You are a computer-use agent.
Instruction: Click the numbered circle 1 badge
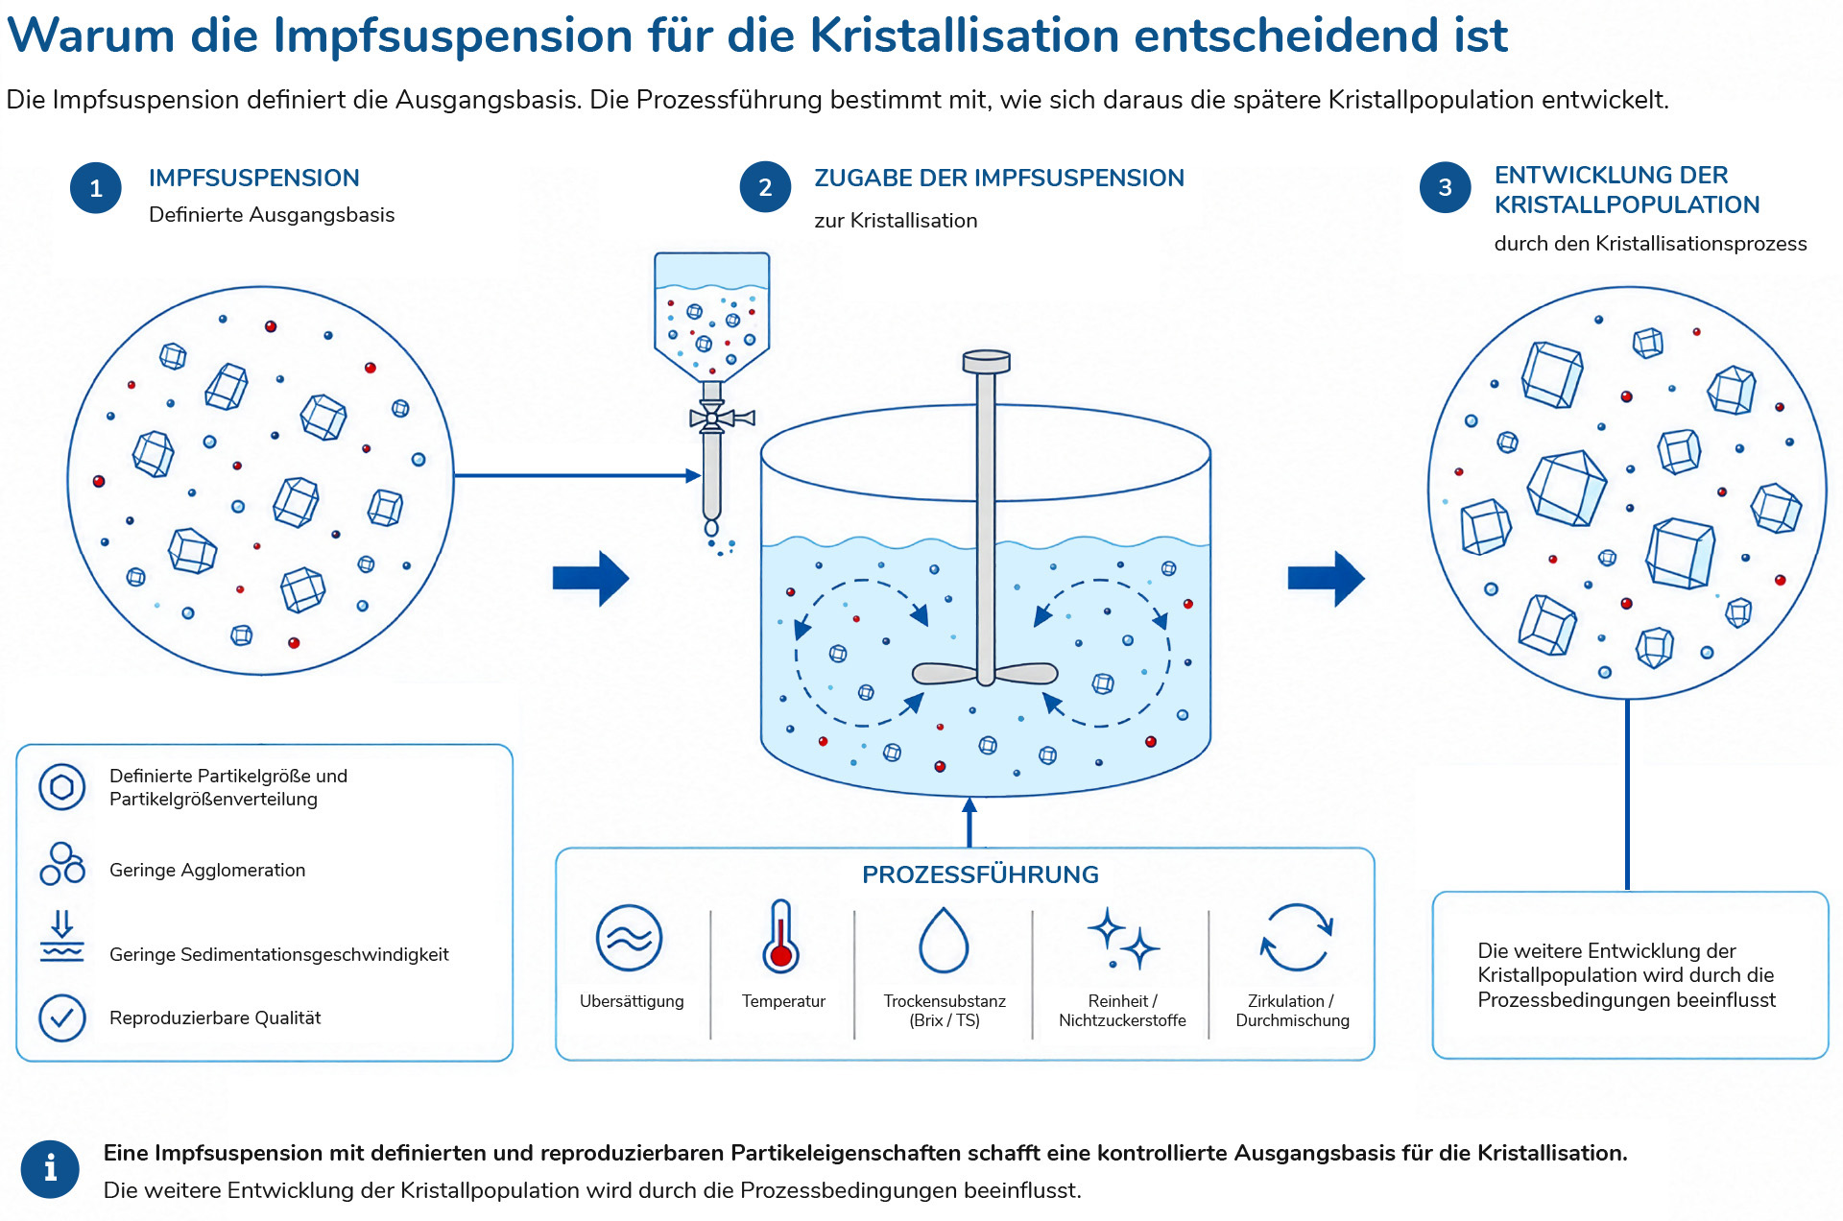(x=96, y=188)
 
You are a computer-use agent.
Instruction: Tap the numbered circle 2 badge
(x=765, y=187)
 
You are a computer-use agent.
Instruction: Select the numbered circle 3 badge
(x=1445, y=187)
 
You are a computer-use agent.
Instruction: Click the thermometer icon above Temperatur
(x=781, y=936)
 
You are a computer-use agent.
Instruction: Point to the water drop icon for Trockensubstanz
(x=944, y=940)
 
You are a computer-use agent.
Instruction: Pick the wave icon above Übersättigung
(x=629, y=938)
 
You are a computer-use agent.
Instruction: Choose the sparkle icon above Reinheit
(x=1123, y=938)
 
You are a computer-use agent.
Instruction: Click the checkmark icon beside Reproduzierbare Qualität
(x=62, y=1017)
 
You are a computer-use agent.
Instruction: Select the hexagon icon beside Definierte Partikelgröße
(x=62, y=787)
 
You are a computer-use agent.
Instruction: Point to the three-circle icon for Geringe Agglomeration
(x=62, y=863)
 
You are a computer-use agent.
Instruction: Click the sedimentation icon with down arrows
(x=62, y=936)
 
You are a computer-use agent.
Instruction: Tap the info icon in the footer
(x=50, y=1169)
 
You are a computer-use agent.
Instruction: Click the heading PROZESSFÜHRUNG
(x=980, y=874)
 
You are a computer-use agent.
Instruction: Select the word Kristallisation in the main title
(x=965, y=36)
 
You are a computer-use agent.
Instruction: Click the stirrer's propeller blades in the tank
(x=985, y=674)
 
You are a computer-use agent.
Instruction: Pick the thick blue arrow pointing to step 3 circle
(x=1326, y=578)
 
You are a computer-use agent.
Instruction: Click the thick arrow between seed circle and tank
(x=590, y=578)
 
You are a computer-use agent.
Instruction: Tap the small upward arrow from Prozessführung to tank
(x=969, y=822)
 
